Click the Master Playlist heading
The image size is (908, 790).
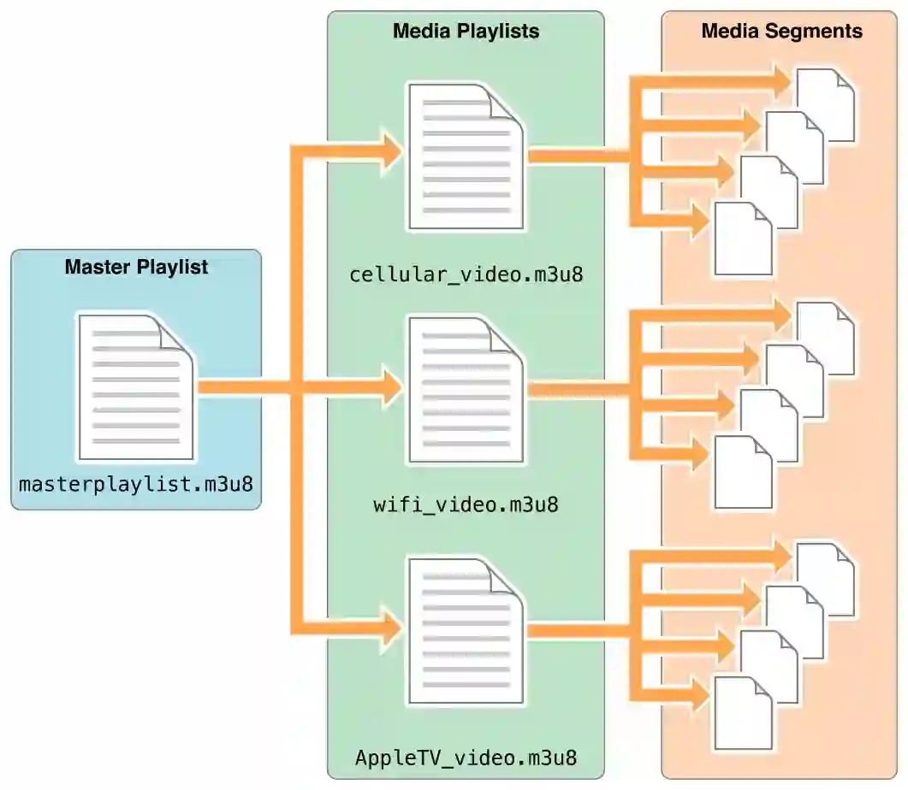click(x=136, y=267)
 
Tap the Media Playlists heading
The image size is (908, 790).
click(x=466, y=32)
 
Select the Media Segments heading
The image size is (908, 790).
click(x=781, y=32)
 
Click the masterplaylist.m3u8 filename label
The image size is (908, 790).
click(x=136, y=484)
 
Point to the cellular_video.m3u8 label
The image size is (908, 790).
click(x=466, y=275)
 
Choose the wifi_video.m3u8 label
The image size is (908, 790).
click(x=466, y=504)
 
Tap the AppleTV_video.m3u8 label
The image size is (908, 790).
click(x=466, y=758)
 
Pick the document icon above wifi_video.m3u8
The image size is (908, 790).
click(x=466, y=389)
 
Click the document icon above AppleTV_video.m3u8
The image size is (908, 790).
click(x=466, y=631)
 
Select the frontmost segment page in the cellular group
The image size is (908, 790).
click(x=743, y=239)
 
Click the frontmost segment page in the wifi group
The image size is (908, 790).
click(x=743, y=473)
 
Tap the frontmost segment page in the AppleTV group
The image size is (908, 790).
click(x=743, y=713)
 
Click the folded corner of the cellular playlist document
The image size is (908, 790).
click(x=507, y=103)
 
